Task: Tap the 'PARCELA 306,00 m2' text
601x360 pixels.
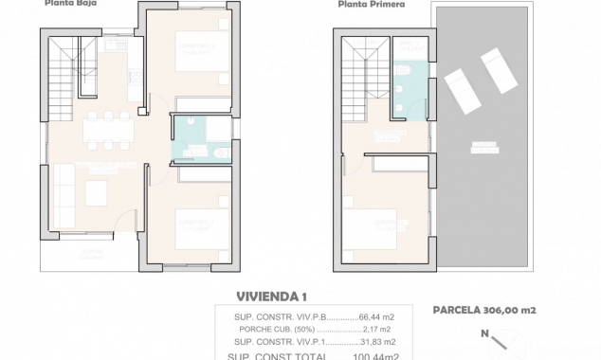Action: (x=483, y=310)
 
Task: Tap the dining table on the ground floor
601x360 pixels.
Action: (x=107, y=129)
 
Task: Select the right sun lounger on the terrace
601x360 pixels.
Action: (x=500, y=70)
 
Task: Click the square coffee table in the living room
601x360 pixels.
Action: (x=98, y=192)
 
